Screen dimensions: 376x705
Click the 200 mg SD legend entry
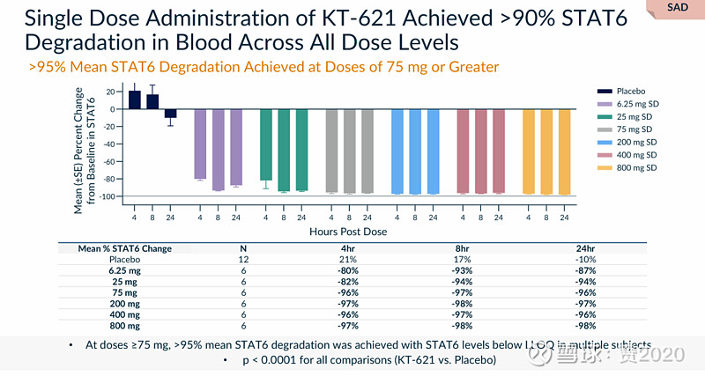click(636, 142)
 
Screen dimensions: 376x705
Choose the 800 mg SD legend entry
click(636, 167)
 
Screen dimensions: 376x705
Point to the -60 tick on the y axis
click(110, 161)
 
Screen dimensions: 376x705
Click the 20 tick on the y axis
click(112, 92)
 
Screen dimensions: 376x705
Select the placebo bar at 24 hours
click(171, 114)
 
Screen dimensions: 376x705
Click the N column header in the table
click(243, 248)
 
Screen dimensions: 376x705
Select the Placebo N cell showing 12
click(243, 260)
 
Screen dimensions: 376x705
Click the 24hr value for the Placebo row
click(586, 260)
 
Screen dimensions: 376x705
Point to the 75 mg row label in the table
click(124, 291)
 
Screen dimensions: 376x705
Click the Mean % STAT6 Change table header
click(124, 248)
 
